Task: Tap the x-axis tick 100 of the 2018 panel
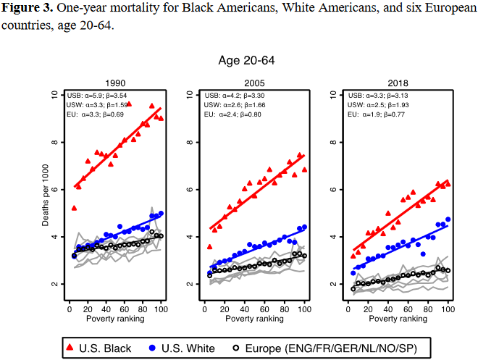(x=449, y=309)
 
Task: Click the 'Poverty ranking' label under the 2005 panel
(x=254, y=318)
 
